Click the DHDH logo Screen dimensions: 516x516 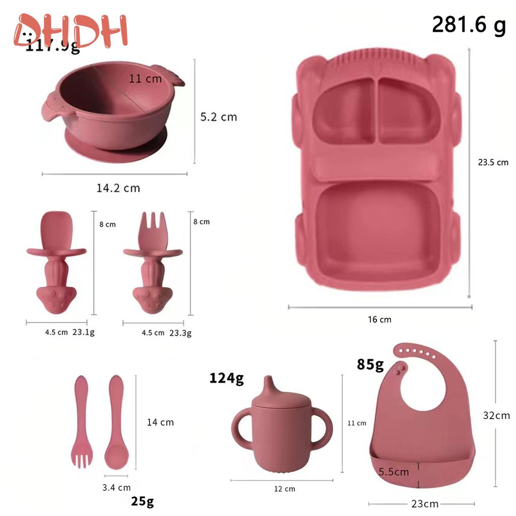(x=71, y=31)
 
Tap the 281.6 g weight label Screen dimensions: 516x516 (x=469, y=25)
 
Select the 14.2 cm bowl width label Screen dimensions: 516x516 (x=118, y=188)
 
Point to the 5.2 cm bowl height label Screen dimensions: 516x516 (x=218, y=116)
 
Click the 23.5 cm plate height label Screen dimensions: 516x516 (x=493, y=162)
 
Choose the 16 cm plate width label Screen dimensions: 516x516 (x=379, y=319)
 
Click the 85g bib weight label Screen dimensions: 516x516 (x=370, y=363)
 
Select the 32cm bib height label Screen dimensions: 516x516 (x=496, y=415)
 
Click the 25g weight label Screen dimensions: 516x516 (x=143, y=501)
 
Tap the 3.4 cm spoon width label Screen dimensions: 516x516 (x=116, y=487)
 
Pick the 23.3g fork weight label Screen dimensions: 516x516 (x=180, y=333)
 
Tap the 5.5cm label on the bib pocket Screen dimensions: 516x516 (x=394, y=472)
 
